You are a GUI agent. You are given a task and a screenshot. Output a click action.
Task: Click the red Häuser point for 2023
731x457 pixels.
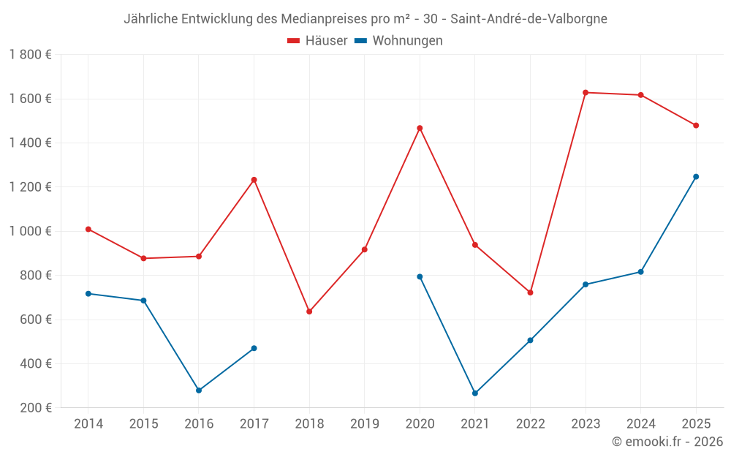point(586,93)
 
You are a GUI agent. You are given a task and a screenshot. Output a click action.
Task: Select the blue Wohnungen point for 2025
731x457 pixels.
point(696,176)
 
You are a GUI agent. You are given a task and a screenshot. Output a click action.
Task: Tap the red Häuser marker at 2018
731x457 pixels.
point(309,311)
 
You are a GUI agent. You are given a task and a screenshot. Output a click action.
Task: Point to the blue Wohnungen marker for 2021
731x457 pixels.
point(475,393)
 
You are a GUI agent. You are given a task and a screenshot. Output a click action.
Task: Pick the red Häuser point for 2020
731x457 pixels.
point(420,128)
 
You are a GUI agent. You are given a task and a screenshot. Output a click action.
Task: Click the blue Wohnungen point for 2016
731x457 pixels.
point(199,390)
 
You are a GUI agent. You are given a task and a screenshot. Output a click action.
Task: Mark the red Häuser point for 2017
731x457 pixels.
point(254,180)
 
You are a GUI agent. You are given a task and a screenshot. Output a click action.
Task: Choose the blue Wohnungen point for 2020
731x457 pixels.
point(420,276)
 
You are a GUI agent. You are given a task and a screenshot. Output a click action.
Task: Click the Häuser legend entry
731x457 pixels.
point(317,41)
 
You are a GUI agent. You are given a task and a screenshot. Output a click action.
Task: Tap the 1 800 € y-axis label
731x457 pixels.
point(30,55)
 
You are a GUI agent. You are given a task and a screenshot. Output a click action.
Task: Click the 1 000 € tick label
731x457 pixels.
point(30,231)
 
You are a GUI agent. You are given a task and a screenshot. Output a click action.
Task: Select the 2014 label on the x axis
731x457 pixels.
point(88,424)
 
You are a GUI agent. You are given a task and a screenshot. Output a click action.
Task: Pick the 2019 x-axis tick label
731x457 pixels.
point(364,424)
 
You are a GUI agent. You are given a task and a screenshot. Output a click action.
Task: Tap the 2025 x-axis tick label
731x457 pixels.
point(695,424)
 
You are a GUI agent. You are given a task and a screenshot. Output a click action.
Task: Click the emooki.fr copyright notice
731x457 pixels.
point(667,442)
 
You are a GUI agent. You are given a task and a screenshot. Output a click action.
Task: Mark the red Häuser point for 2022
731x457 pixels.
point(530,292)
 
